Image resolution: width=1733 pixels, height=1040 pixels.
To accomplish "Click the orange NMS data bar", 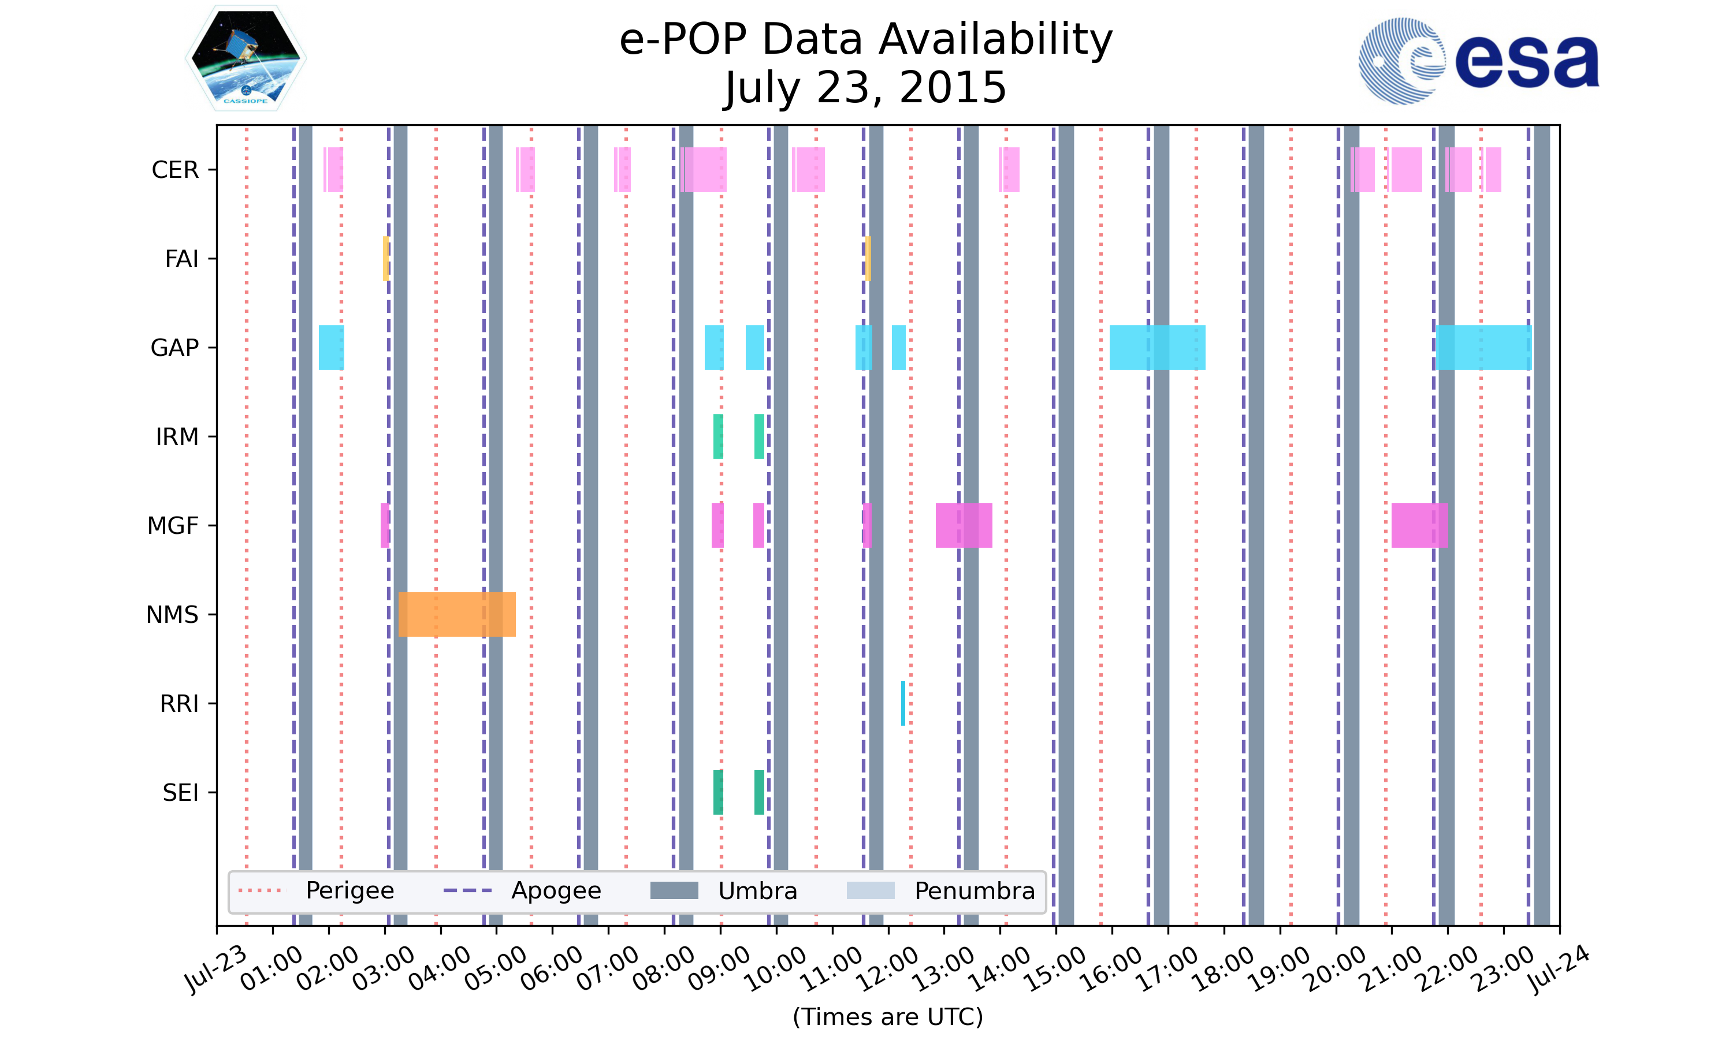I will tap(457, 614).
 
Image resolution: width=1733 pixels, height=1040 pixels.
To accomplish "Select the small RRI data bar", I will tap(903, 703).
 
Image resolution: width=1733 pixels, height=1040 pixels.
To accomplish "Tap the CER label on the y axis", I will tap(175, 170).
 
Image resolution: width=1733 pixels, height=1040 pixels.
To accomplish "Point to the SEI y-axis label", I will tap(180, 793).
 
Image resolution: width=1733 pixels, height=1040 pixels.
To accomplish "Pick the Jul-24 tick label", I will tap(1559, 970).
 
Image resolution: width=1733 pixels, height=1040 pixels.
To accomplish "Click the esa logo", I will tap(1478, 61).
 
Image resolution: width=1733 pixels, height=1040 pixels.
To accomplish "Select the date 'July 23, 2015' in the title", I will tap(866, 88).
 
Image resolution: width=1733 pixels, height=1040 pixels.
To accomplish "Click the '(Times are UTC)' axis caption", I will tap(887, 1016).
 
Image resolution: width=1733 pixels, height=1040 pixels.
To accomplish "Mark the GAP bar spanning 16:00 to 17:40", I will tap(1157, 348).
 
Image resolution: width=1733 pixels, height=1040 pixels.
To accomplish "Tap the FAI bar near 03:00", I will tap(386, 259).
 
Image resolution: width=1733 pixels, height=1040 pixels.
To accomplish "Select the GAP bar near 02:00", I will tap(332, 348).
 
